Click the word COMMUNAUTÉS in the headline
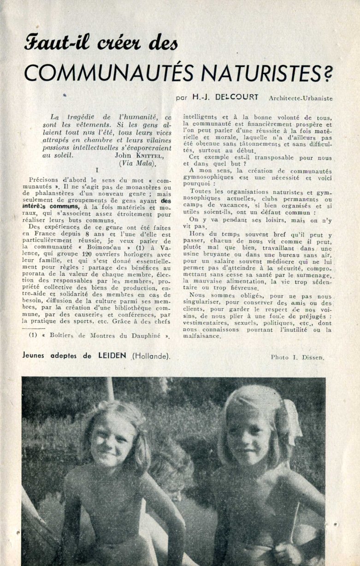click(104, 72)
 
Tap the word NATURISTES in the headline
click(259, 72)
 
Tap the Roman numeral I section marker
click(96, 170)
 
